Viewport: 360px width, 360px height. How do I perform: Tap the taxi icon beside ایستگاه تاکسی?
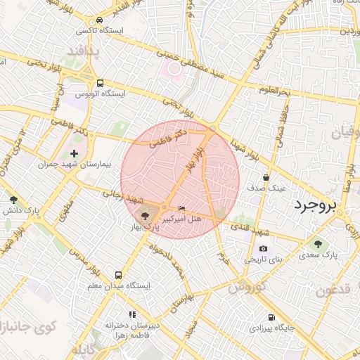pyautogui.click(x=101, y=20)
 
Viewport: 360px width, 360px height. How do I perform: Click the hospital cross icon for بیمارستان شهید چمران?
pyautogui.click(x=75, y=153)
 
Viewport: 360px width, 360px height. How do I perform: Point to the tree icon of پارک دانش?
pyautogui.click(x=14, y=200)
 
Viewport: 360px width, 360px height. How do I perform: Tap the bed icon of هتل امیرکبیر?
pyautogui.click(x=182, y=209)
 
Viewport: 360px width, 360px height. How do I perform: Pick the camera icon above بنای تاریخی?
pyautogui.click(x=263, y=248)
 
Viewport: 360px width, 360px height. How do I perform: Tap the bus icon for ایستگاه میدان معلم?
pyautogui.click(x=117, y=275)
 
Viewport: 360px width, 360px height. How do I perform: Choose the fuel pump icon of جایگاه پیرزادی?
pyautogui.click(x=271, y=317)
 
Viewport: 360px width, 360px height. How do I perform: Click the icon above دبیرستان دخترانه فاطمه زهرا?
pyautogui.click(x=131, y=315)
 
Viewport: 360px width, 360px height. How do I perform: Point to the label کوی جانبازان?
pyautogui.click(x=28, y=327)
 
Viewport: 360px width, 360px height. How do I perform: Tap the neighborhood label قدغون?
pyautogui.click(x=336, y=290)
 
